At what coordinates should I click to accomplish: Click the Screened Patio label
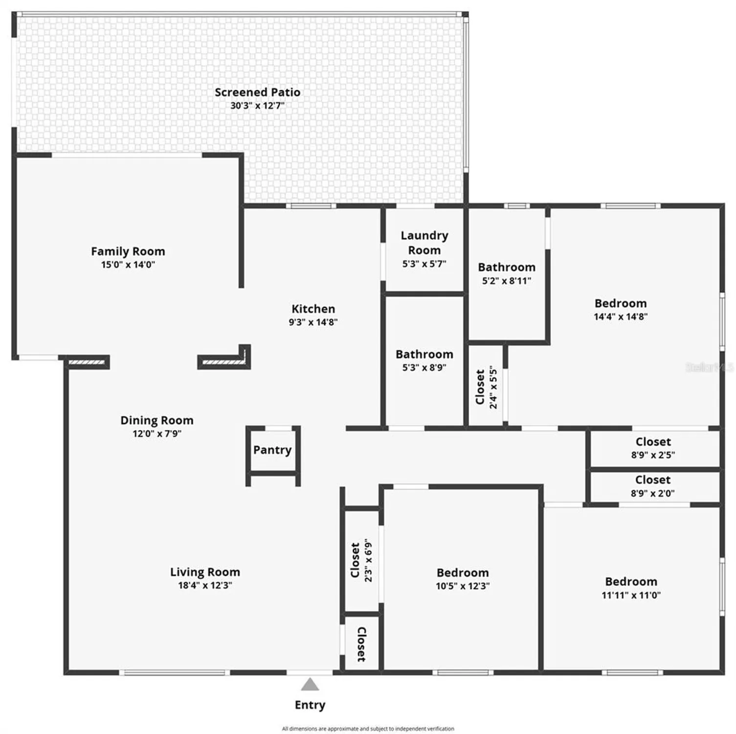tap(257, 92)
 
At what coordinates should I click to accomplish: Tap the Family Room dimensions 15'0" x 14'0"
tap(128, 265)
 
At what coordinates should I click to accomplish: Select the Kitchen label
tap(313, 309)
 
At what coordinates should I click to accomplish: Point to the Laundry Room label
tap(424, 243)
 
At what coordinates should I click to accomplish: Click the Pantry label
tap(272, 450)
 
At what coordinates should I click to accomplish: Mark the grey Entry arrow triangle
tap(310, 684)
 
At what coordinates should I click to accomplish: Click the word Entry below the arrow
tap(310, 705)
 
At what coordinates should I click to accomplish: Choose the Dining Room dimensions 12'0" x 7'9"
tap(157, 434)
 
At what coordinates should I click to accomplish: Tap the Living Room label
tap(205, 572)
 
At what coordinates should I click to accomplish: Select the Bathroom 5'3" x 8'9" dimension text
tap(424, 367)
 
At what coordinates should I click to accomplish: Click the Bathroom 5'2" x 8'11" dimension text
tap(507, 281)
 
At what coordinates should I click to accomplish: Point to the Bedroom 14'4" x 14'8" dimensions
tap(621, 317)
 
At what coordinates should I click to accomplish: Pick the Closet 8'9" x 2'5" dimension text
tap(653, 455)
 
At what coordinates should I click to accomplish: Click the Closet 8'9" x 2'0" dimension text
tap(652, 493)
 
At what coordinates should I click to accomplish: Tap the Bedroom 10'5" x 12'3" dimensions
tap(463, 586)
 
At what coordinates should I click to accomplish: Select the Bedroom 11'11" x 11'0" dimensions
tap(631, 595)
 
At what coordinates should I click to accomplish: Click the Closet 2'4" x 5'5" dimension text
tap(493, 387)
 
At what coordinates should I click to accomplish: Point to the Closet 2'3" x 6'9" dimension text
tap(368, 561)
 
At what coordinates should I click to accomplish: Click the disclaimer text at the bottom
tap(368, 729)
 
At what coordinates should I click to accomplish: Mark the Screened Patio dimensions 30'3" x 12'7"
tap(257, 105)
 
